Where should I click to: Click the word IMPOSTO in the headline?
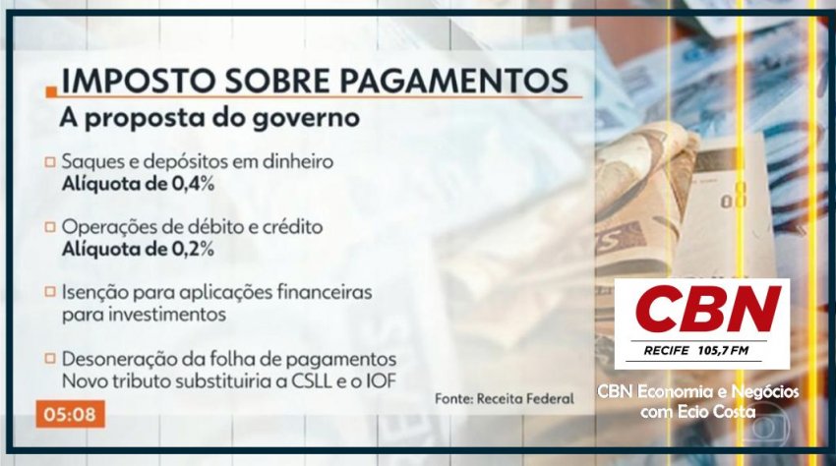tap(138, 81)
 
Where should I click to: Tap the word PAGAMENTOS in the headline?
tap(453, 81)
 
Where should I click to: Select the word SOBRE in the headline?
tap(276, 81)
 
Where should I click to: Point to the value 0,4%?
tap(193, 184)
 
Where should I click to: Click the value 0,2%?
tap(193, 249)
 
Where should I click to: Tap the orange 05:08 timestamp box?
tap(71, 414)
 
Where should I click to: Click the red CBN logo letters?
tap(708, 309)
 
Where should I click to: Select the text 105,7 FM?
tap(723, 350)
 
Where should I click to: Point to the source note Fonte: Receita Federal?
tap(505, 398)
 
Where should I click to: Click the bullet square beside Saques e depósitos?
tap(50, 161)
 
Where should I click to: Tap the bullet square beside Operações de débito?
tap(50, 227)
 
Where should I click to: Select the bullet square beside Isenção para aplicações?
tap(50, 292)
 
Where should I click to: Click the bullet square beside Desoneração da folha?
tap(50, 358)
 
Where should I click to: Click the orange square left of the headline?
tap(51, 91)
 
